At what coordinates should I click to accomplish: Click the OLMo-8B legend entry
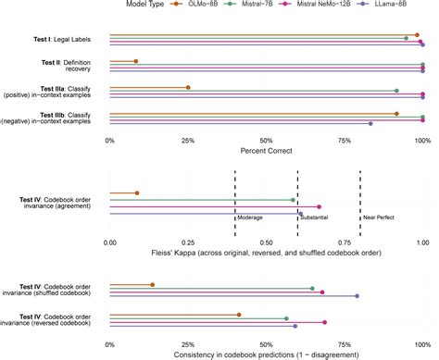point(194,4)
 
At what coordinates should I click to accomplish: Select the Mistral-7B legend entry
point(248,4)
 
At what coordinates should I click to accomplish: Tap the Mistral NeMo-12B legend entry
point(315,4)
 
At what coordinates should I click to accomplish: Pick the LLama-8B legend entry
point(382,4)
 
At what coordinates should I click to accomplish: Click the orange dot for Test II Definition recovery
point(136,61)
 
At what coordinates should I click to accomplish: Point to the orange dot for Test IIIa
point(188,88)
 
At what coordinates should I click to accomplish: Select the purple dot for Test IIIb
point(370,124)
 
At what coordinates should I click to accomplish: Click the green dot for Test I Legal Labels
point(407,38)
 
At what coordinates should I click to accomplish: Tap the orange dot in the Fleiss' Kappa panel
point(137,193)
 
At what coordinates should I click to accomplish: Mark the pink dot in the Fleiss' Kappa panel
point(319,206)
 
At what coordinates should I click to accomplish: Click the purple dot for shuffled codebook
point(357,296)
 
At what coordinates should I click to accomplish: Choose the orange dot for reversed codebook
point(239,315)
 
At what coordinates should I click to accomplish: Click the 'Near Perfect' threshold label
point(379,217)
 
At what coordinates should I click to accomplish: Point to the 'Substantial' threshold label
point(314,217)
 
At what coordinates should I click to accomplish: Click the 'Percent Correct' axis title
point(266,151)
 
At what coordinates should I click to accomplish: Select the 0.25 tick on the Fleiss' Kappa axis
point(188,242)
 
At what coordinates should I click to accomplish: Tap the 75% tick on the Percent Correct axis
point(345,141)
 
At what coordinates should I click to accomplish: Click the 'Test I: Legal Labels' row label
point(62,40)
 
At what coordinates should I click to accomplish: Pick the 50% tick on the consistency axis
point(266,344)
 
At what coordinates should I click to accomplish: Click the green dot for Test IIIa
point(396,91)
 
